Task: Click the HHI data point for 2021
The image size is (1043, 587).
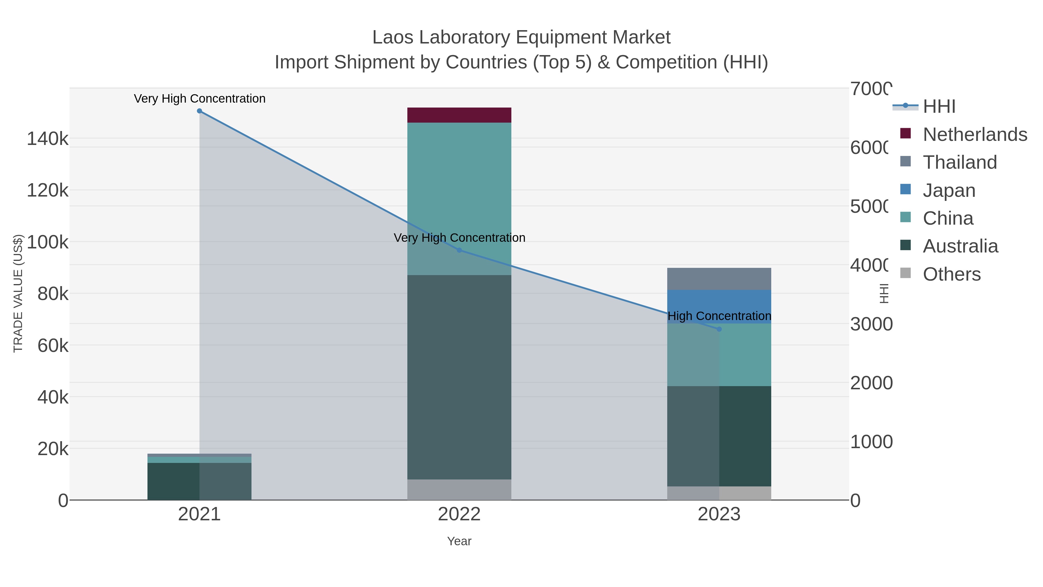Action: [199, 111]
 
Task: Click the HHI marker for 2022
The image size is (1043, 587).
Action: [459, 250]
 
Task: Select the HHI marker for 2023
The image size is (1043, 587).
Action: [719, 329]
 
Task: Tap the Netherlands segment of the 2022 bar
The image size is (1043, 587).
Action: [459, 115]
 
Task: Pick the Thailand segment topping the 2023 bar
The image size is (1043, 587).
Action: [719, 279]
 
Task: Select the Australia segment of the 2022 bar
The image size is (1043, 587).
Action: [459, 377]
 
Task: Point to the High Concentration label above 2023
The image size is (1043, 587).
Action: [719, 316]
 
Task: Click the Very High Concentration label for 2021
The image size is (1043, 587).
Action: [200, 99]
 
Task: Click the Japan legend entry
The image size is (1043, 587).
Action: [949, 190]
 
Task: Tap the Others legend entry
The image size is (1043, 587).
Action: [951, 274]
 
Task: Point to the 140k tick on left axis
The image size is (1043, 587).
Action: [48, 139]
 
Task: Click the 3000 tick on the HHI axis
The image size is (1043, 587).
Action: [871, 324]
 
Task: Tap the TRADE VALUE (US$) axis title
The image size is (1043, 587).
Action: [18, 293]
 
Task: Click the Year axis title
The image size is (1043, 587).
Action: [459, 541]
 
